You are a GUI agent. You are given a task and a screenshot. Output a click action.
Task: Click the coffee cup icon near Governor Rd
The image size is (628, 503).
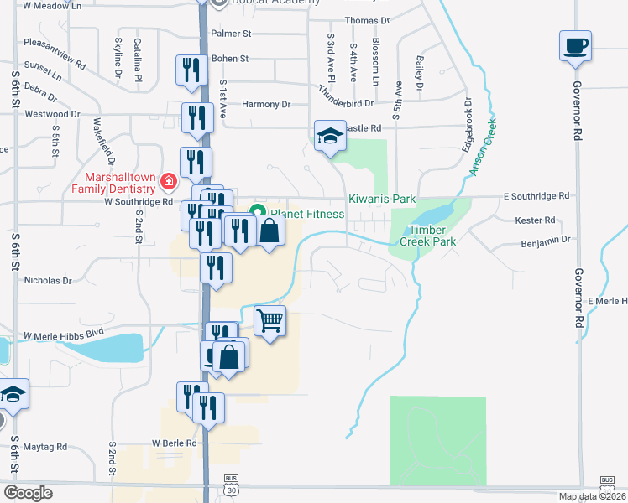coord(575,46)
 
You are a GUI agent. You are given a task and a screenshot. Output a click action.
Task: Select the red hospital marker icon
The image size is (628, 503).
coord(169,180)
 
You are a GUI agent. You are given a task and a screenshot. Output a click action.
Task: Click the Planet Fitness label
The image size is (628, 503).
coord(306,214)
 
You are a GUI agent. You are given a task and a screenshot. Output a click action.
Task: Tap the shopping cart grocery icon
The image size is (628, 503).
coord(270,320)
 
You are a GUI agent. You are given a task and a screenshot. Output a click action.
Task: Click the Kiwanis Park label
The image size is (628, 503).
coord(382,200)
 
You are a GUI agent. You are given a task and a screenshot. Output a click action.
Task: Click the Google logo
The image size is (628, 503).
coord(28,492)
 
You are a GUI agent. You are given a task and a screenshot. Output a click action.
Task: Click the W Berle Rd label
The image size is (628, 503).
coord(174,443)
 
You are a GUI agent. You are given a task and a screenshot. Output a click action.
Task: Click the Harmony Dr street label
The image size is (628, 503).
coord(265,105)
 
